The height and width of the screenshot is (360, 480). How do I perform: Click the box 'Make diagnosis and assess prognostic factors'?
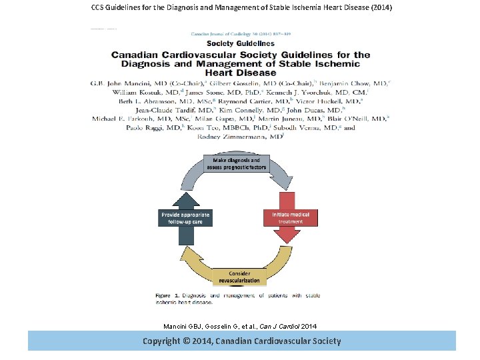pos(240,164)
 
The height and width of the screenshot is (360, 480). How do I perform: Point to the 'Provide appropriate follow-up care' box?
pos(185,218)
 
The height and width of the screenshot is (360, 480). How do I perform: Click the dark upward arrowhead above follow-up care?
pos(185,201)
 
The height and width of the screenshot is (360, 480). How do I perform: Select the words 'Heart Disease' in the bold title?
pos(240,72)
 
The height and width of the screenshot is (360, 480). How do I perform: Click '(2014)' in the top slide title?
pos(379,8)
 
